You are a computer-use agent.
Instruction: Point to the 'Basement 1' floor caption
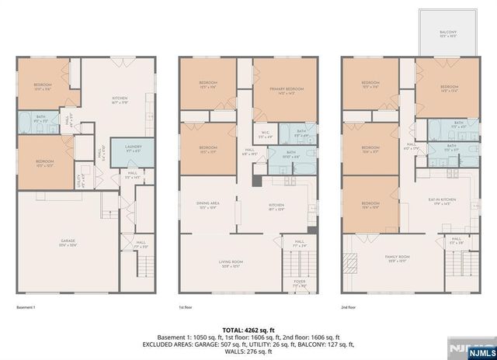click(27, 307)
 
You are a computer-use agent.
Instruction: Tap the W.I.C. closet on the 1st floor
click(265, 134)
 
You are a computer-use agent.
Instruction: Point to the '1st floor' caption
click(187, 307)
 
